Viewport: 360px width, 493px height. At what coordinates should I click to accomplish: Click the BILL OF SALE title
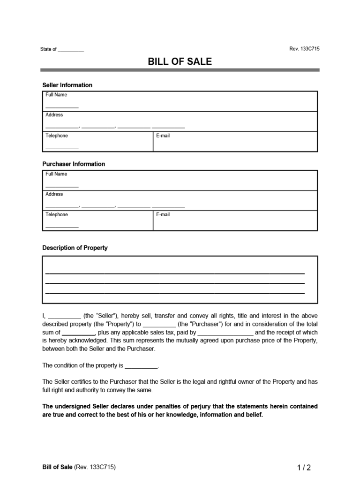click(180, 61)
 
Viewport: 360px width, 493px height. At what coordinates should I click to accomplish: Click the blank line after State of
click(71, 50)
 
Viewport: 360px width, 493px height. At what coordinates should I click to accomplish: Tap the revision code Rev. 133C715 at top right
click(304, 49)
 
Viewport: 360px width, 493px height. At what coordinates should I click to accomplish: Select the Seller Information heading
click(67, 85)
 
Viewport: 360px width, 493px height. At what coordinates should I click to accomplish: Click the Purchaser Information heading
click(74, 164)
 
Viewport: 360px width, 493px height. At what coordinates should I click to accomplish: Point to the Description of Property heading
click(75, 248)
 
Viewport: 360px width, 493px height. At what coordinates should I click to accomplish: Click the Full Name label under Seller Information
click(56, 95)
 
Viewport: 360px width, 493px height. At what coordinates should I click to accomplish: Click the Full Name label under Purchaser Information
click(56, 174)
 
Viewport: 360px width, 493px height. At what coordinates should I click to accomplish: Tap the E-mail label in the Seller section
click(163, 136)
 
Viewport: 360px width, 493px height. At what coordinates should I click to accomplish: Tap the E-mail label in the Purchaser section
click(163, 214)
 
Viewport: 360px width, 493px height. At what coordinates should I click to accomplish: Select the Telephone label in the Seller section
click(57, 136)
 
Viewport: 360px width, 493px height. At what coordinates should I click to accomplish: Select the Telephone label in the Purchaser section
click(57, 214)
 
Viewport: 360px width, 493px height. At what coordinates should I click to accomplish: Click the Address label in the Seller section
click(54, 115)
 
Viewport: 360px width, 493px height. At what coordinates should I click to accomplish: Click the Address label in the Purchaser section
click(54, 194)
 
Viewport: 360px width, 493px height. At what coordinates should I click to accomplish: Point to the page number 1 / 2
click(304, 468)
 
